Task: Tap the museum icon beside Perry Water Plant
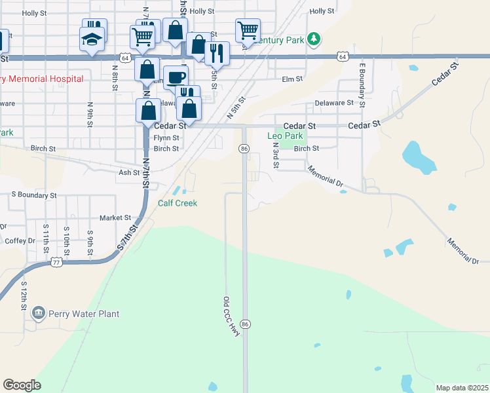pyautogui.click(x=39, y=313)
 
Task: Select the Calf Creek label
pyautogui.click(x=178, y=203)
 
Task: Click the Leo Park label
pyautogui.click(x=286, y=136)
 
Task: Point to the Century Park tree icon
pyautogui.click(x=315, y=39)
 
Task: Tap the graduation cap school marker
pyautogui.click(x=92, y=39)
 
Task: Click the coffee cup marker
pyautogui.click(x=175, y=77)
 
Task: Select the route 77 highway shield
pyautogui.click(x=56, y=262)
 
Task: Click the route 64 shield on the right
pyautogui.click(x=343, y=57)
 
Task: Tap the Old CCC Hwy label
pyautogui.click(x=232, y=318)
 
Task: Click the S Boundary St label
pyautogui.click(x=34, y=195)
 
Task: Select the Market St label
pyautogui.click(x=116, y=217)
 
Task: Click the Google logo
pyautogui.click(x=22, y=384)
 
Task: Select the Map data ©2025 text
pyautogui.click(x=462, y=388)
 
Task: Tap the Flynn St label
pyautogui.click(x=166, y=138)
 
